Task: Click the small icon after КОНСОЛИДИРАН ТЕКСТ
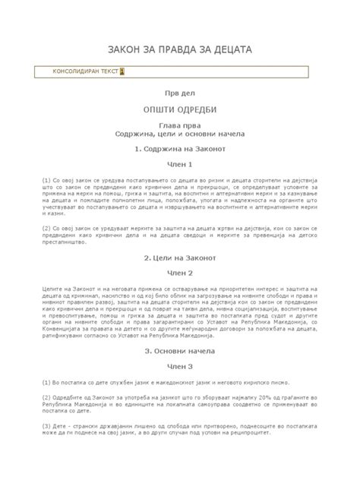coord(122,71)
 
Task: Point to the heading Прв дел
coord(180,93)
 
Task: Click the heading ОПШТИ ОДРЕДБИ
coord(180,109)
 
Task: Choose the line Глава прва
coord(180,125)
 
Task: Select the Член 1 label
coord(180,164)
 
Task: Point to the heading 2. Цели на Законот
coord(180,257)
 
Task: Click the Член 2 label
coord(180,273)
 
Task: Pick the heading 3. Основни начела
coord(180,352)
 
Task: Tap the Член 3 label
coord(180,367)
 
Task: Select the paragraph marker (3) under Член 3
coord(46,428)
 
